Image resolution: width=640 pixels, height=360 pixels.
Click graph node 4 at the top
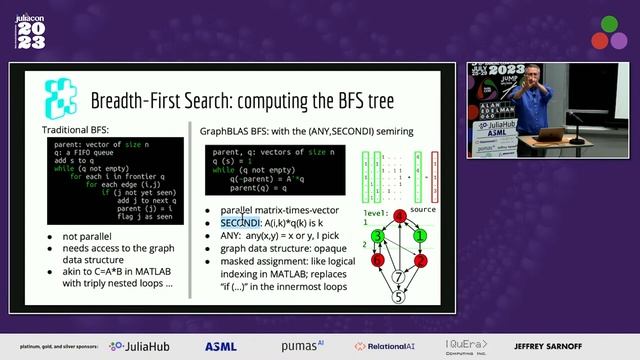coord(399,215)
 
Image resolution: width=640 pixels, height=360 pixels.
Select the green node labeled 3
coord(377,236)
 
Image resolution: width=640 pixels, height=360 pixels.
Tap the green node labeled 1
coord(421,236)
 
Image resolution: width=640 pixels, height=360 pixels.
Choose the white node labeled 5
coord(399,295)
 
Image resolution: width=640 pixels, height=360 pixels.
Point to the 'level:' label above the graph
coord(373,212)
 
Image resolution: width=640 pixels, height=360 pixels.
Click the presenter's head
coord(531,80)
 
